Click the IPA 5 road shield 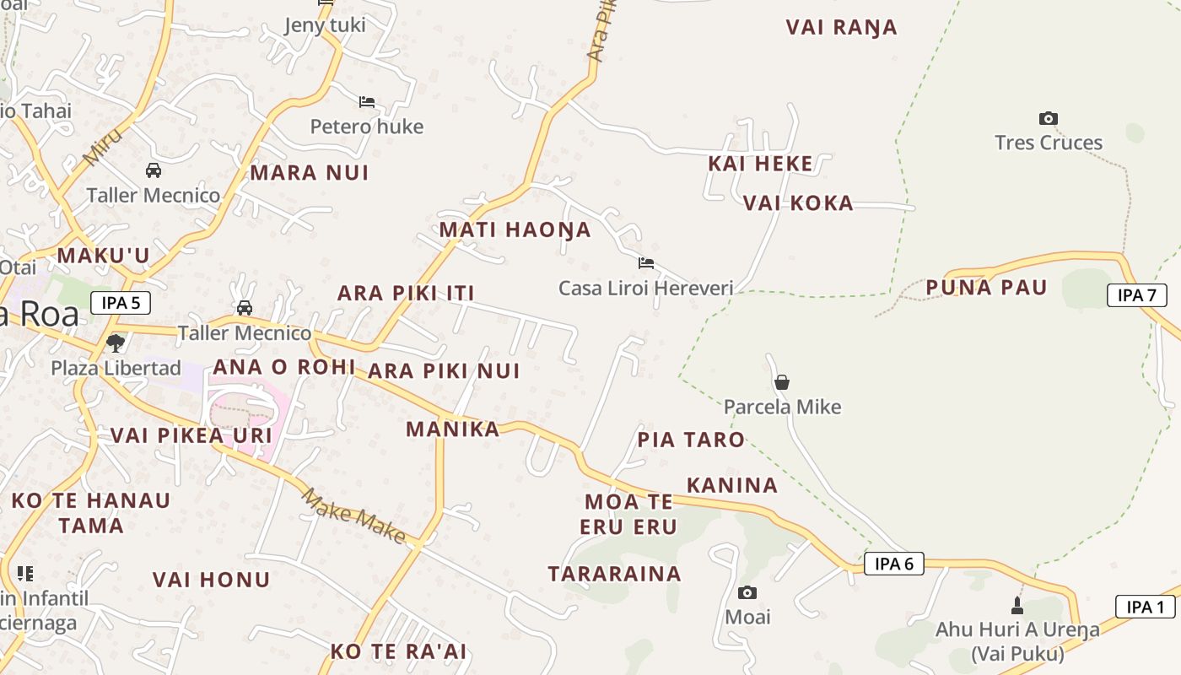[120, 303]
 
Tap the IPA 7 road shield [1136, 295]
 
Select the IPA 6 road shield [893, 564]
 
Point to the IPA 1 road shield [1145, 607]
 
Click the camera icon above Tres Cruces [1049, 119]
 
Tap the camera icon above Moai [747, 593]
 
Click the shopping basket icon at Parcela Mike [782, 382]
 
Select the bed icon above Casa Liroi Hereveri [646, 263]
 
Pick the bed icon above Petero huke [367, 102]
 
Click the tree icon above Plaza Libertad [116, 343]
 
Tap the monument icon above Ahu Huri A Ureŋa [1017, 605]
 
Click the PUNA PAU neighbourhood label [986, 288]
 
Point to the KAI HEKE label [760, 164]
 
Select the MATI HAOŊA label [515, 229]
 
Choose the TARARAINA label [614, 575]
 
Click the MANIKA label [453, 429]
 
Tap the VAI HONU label [211, 580]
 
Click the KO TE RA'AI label [398, 651]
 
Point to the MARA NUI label [310, 173]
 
